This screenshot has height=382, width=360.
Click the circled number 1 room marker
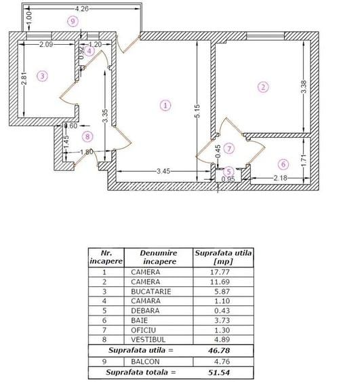pos(165,105)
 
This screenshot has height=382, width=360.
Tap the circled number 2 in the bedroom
pos(263,87)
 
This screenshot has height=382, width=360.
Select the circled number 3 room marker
pos(42,76)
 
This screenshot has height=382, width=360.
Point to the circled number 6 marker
pos(283,164)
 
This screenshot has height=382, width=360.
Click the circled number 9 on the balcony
pos(73,22)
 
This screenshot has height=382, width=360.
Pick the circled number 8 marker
pos(87,136)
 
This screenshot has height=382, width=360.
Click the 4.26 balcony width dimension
pos(81,9)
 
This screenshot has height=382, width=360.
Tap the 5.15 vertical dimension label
pos(198,111)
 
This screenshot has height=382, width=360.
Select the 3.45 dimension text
pos(163,171)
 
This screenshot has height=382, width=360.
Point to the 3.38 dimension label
pos(304,87)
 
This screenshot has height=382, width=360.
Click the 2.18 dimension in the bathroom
pos(281,178)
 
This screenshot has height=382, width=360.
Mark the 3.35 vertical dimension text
pos(105,116)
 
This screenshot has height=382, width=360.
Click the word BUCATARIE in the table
pos(151,292)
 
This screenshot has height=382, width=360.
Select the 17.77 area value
pos(220,272)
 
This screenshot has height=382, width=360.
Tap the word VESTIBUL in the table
pos(148,340)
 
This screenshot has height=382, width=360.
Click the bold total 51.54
pos(219,373)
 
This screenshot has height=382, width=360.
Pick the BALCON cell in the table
pos(145,362)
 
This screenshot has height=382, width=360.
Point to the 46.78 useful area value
pos(219,351)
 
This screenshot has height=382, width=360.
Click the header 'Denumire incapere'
pos(159,257)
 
